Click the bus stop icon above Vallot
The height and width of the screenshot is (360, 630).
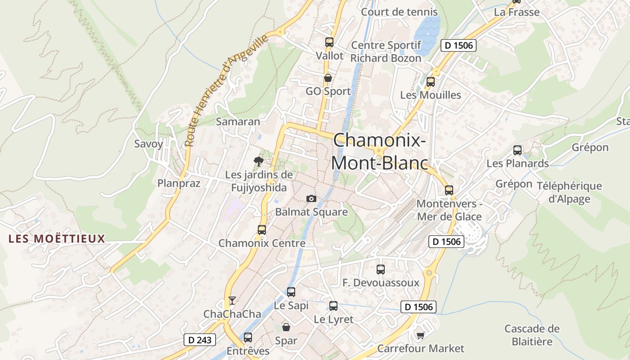click(x=329, y=42)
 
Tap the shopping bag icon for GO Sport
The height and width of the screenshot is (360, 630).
click(x=328, y=78)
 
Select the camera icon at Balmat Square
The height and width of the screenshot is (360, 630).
click(x=311, y=198)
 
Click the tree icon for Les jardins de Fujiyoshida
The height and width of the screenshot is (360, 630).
click(x=258, y=161)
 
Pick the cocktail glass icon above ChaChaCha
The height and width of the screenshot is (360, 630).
click(x=232, y=300)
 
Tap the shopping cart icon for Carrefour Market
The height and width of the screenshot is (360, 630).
click(x=421, y=335)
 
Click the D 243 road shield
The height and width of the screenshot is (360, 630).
click(x=200, y=340)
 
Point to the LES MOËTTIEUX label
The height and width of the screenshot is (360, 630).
click(x=57, y=238)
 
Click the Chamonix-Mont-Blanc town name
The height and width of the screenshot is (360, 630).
click(x=379, y=151)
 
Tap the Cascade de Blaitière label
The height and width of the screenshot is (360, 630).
click(x=532, y=335)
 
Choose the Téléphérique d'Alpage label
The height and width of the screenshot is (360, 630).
click(x=569, y=192)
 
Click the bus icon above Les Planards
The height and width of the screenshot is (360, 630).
click(x=517, y=150)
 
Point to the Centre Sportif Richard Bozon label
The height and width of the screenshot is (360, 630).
click(x=386, y=52)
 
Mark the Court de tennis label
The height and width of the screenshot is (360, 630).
click(x=400, y=12)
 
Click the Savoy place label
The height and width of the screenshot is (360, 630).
click(x=149, y=144)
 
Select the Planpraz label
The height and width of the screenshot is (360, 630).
click(x=179, y=183)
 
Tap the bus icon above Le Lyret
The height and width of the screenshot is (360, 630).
click(x=333, y=306)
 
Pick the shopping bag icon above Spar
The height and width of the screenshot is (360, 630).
click(x=286, y=327)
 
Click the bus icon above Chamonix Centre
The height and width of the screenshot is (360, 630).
click(x=262, y=230)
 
